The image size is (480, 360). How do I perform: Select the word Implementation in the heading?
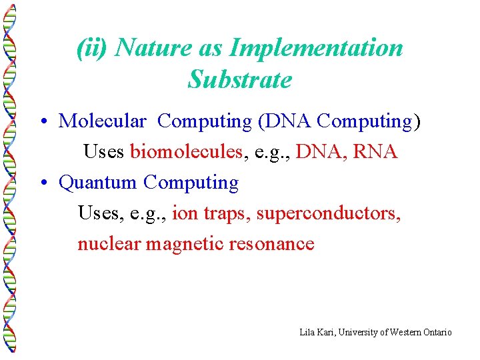pos(316,49)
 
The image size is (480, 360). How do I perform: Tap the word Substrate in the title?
pos(239,80)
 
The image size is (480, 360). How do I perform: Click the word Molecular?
pos(102,121)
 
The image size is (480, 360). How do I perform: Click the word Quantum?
pos(98,183)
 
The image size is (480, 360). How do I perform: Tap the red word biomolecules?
pos(186,152)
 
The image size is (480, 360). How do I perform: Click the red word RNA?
pos(375,152)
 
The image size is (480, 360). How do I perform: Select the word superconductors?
pos(329,213)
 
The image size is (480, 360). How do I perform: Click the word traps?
pos(227,213)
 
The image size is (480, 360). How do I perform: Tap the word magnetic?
pos(185,244)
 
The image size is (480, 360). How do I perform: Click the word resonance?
pos(271,244)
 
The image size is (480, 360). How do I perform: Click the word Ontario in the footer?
pos(436,332)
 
